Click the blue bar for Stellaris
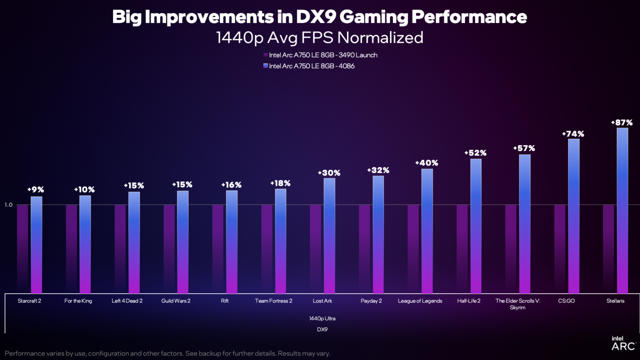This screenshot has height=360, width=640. [x=622, y=210]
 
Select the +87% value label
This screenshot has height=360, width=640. [x=622, y=122]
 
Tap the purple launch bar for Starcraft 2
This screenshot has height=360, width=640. [x=22, y=249]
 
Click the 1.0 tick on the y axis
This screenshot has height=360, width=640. [x=9, y=205]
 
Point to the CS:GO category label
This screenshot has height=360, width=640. [x=566, y=301]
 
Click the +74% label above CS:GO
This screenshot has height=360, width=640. [x=573, y=134]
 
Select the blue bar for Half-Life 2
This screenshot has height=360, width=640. [x=476, y=226]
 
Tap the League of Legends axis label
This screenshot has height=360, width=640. [x=420, y=301]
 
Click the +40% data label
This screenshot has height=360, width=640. [x=427, y=163]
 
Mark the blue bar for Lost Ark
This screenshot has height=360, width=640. [x=329, y=236]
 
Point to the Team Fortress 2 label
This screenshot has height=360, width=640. [x=273, y=301]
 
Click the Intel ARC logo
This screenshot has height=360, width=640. [x=622, y=343]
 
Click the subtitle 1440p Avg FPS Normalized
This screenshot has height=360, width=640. [x=320, y=37]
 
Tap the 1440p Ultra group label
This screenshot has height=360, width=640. [x=322, y=318]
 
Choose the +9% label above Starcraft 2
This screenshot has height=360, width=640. [x=36, y=190]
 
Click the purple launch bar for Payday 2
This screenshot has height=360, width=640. [x=364, y=249]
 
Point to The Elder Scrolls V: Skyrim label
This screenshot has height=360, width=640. [x=517, y=304]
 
